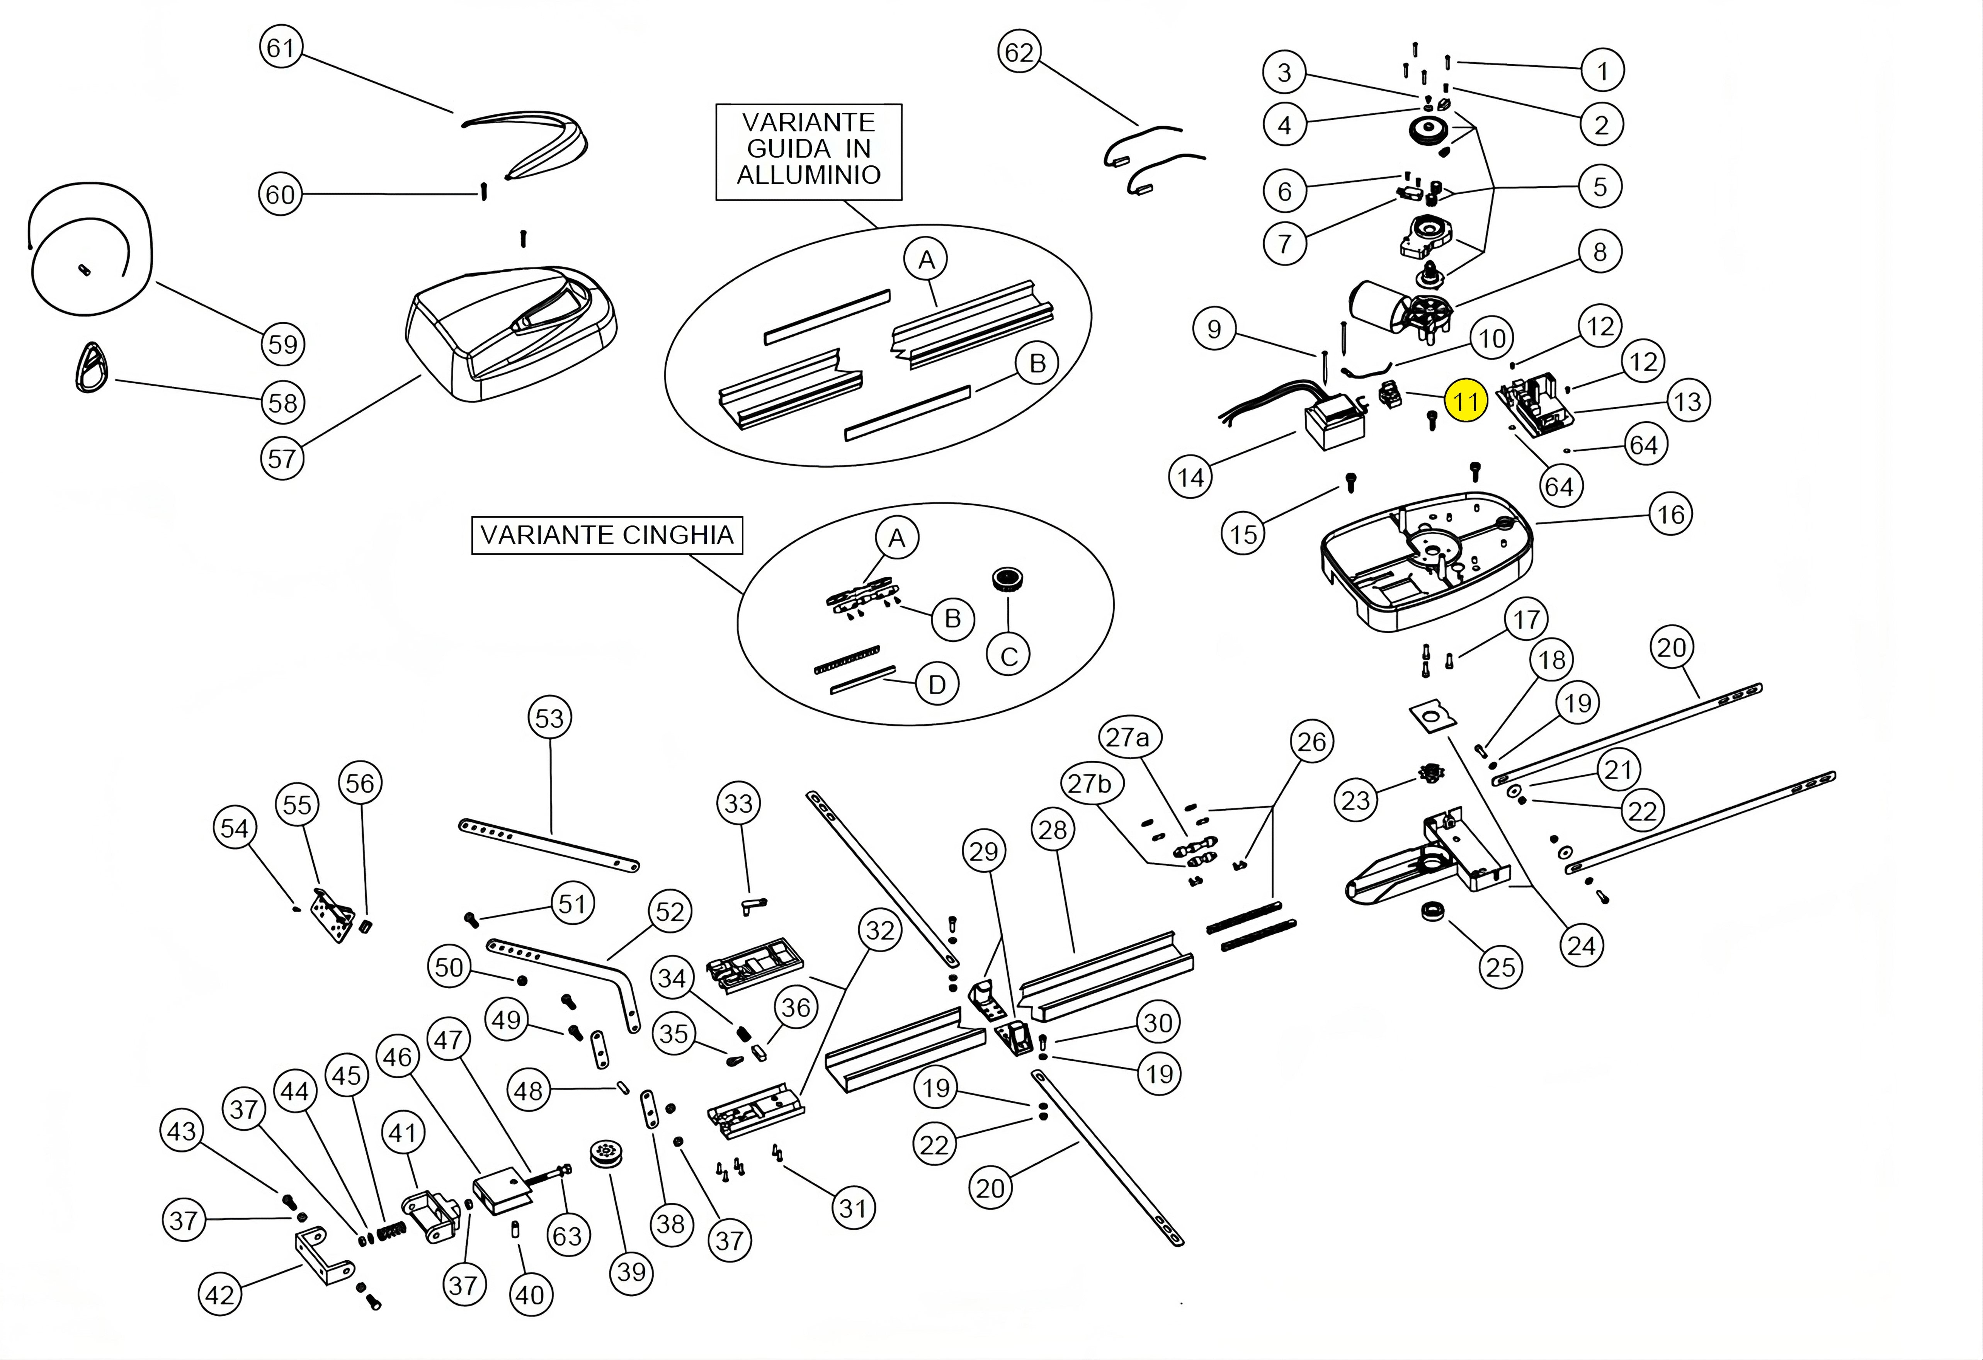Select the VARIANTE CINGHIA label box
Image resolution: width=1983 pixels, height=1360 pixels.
coord(607,535)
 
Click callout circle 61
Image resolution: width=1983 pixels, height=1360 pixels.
coord(281,48)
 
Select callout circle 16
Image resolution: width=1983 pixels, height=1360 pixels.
coord(1670,515)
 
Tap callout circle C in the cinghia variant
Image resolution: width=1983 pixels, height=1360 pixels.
coord(1009,656)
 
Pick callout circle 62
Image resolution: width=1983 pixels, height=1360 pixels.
coord(1019,53)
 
